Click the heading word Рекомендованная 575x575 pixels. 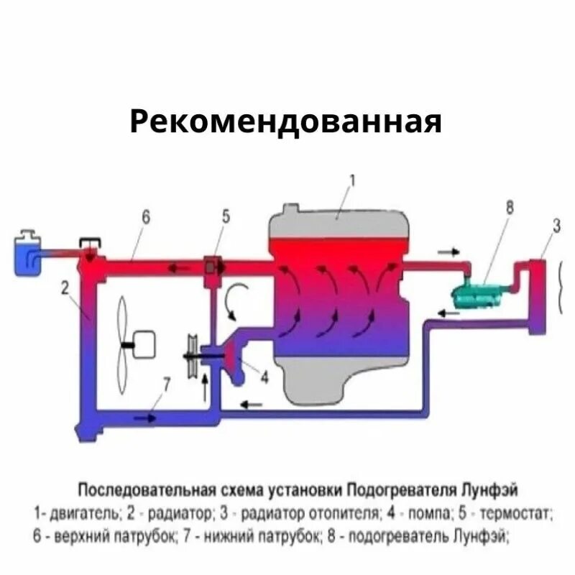coord(285,121)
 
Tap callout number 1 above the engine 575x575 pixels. coord(353,180)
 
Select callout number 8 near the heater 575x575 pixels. coord(510,208)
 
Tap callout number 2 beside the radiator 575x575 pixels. coord(65,289)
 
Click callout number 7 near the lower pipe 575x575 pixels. coord(166,383)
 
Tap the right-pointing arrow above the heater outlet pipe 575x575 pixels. coord(450,252)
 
